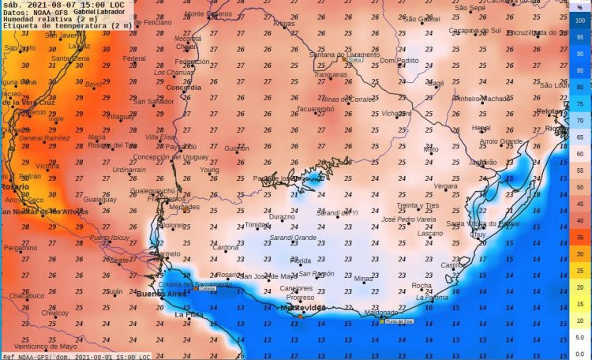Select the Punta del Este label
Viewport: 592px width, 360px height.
(402, 321)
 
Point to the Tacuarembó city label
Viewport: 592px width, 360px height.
(316, 109)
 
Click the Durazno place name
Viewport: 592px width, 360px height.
(282, 216)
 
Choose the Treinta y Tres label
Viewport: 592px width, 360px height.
(418, 205)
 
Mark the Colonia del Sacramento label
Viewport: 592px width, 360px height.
(185, 283)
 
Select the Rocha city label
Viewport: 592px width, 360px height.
(422, 285)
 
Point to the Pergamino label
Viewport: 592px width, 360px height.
(20, 248)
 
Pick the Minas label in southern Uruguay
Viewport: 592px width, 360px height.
(363, 279)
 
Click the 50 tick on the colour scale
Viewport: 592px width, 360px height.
(579, 186)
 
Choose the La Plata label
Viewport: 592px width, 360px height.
(189, 314)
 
